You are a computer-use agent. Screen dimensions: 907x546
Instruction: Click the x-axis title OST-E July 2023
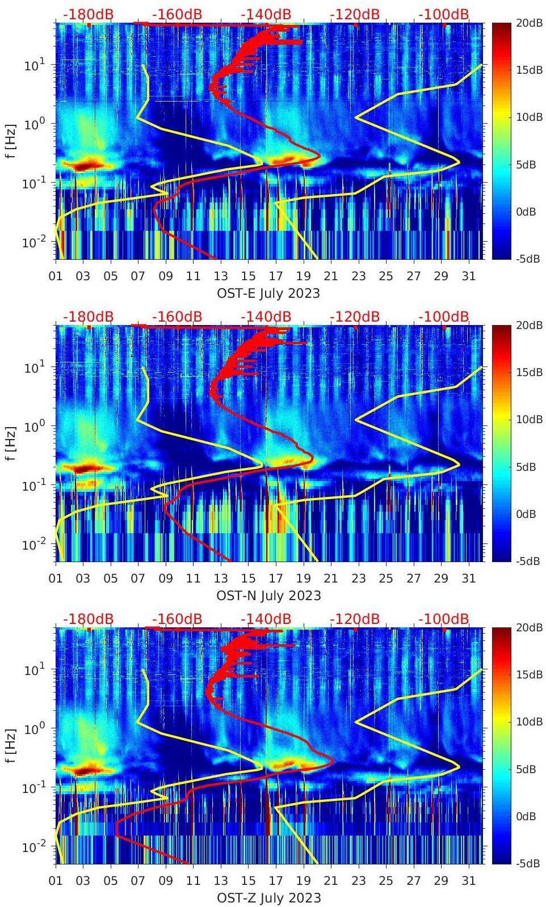click(268, 293)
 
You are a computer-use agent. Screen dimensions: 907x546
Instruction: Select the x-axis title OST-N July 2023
click(268, 596)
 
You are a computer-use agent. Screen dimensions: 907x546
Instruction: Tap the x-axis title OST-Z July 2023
click(268, 898)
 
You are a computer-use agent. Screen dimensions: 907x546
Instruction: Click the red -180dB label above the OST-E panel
click(88, 14)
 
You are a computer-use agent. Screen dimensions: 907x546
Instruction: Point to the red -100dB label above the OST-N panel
click(444, 317)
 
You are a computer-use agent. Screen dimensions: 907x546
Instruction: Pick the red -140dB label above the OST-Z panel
click(266, 619)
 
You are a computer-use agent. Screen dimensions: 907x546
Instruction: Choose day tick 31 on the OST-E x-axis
click(468, 276)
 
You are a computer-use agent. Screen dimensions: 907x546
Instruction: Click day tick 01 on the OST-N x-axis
click(56, 579)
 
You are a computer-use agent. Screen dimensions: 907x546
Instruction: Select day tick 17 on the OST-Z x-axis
click(276, 881)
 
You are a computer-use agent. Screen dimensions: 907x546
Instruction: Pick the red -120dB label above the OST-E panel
click(355, 14)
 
